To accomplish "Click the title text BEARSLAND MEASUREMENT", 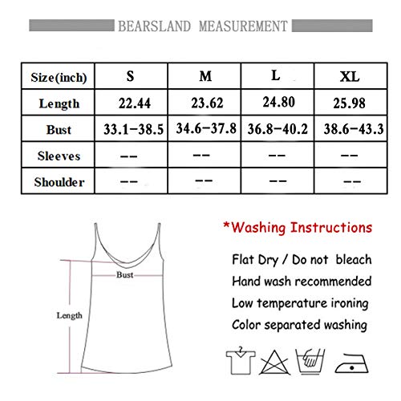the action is (x=200, y=23).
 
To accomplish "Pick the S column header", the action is (x=130, y=78).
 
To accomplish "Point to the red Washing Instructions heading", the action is (x=298, y=226).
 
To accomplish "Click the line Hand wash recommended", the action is (x=301, y=281).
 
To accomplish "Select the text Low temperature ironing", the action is (x=301, y=303).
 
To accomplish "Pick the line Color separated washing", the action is (x=301, y=326).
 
